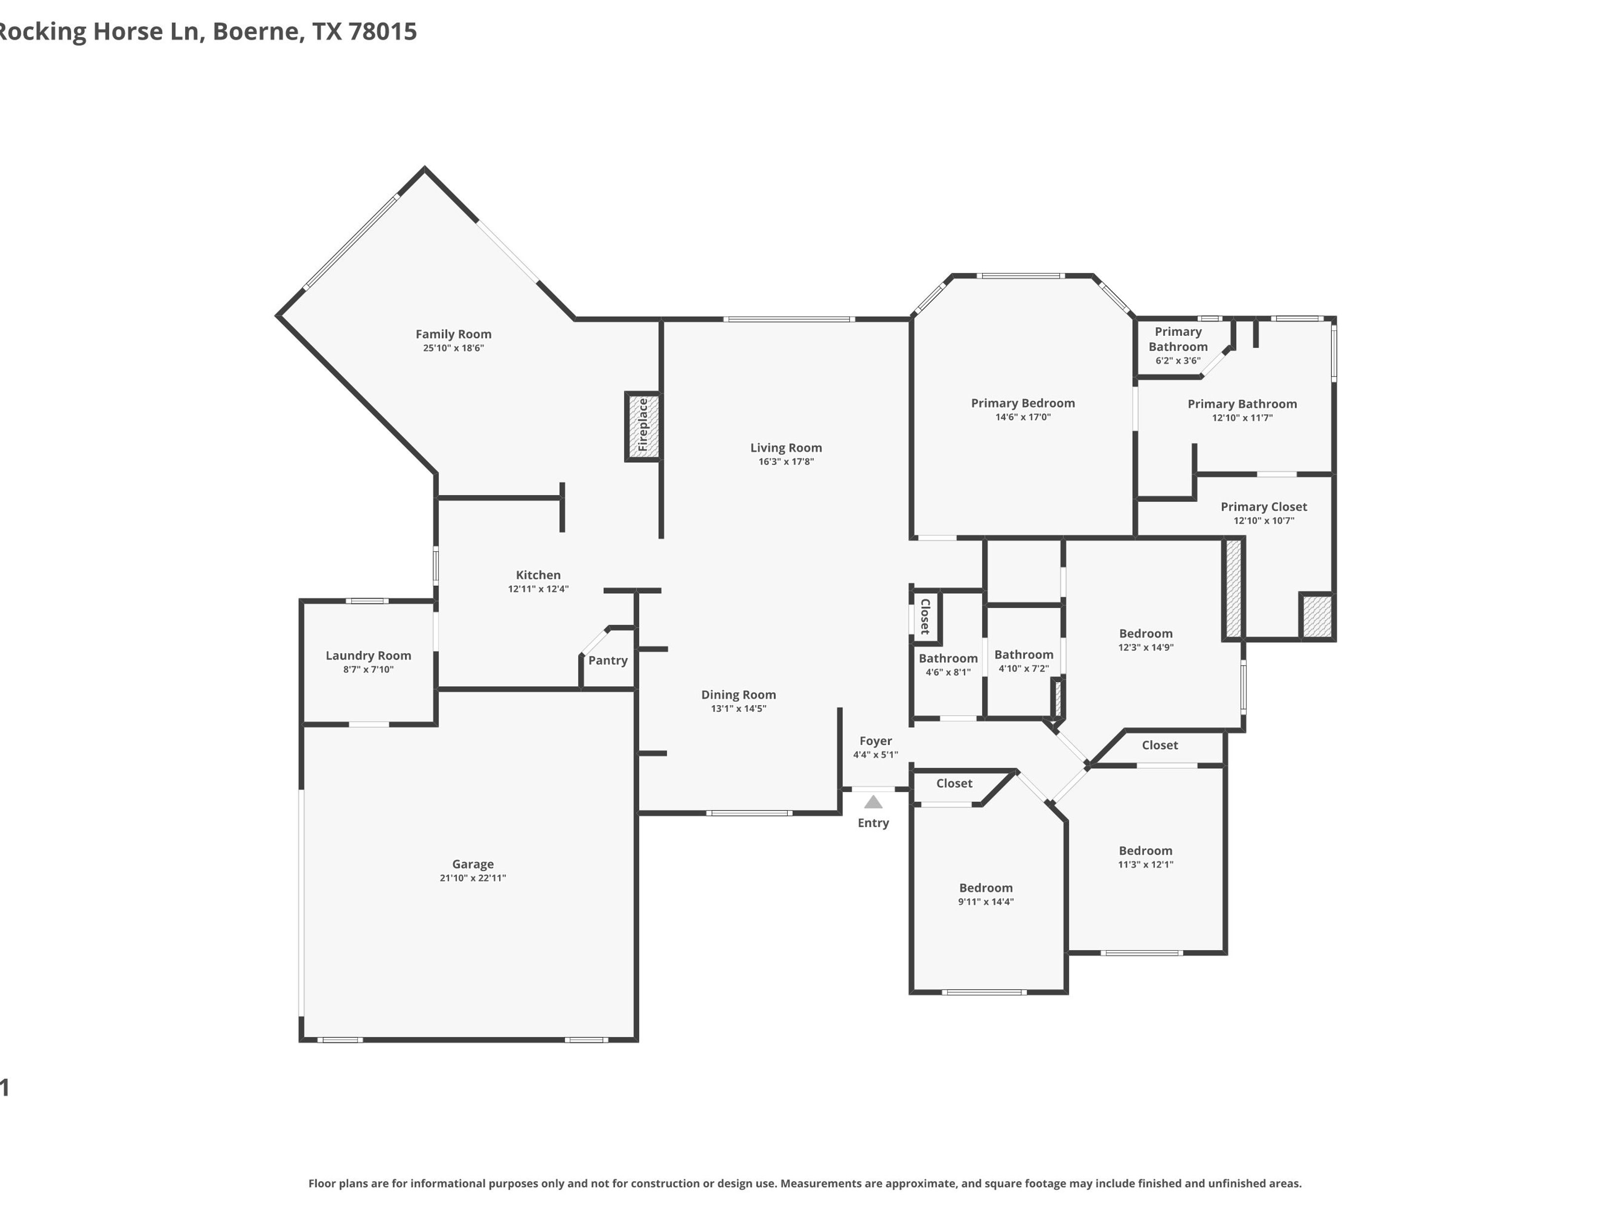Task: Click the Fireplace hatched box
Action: [643, 426]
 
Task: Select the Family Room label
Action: [453, 334]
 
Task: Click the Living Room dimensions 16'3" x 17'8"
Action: [786, 461]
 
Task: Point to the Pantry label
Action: [608, 661]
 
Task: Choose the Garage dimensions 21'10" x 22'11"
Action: [473, 878]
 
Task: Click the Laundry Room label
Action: [368, 656]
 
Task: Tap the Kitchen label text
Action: [539, 575]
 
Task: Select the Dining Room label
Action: [739, 695]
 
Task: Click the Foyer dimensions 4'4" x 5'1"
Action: [876, 754]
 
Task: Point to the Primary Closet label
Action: [1264, 506]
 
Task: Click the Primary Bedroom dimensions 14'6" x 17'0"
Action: [1024, 417]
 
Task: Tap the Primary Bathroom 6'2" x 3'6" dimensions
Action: [1178, 360]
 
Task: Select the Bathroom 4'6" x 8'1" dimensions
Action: [949, 672]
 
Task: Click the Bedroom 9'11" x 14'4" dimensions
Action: [986, 901]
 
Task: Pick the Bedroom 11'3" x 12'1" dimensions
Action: [1146, 864]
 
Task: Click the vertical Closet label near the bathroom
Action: [925, 616]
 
